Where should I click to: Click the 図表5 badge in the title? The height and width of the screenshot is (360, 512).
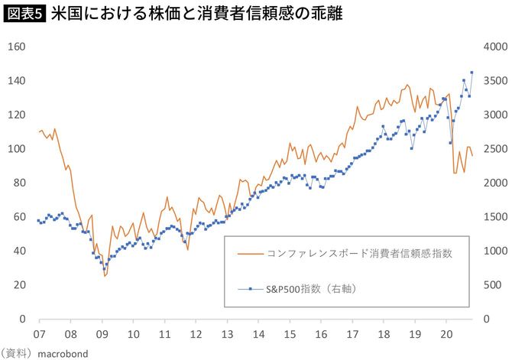coord(24,14)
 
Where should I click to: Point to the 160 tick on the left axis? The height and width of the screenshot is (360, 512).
coord(17,47)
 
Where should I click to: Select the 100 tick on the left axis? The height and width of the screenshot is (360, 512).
coord(17,149)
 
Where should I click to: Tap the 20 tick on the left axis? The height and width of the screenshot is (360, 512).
coord(20,285)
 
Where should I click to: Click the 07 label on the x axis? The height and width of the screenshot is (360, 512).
coord(38,334)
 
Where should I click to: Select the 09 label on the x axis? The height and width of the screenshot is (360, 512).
coord(102,334)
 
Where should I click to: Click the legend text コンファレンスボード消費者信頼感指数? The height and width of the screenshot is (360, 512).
coord(356,254)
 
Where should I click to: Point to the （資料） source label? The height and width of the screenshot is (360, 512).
coord(19,352)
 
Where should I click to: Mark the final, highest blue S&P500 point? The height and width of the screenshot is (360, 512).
coord(471,73)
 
